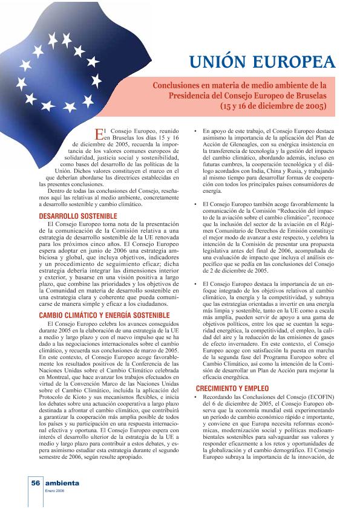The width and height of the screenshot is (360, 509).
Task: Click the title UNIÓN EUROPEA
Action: pos(261,63)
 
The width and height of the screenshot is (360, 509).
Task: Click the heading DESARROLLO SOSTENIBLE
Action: pos(78,215)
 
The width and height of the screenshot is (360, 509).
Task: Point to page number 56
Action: pos(35,484)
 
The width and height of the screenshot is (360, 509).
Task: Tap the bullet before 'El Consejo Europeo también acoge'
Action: pos(195,205)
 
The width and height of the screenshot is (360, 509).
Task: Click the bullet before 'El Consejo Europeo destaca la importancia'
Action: pos(195,283)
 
